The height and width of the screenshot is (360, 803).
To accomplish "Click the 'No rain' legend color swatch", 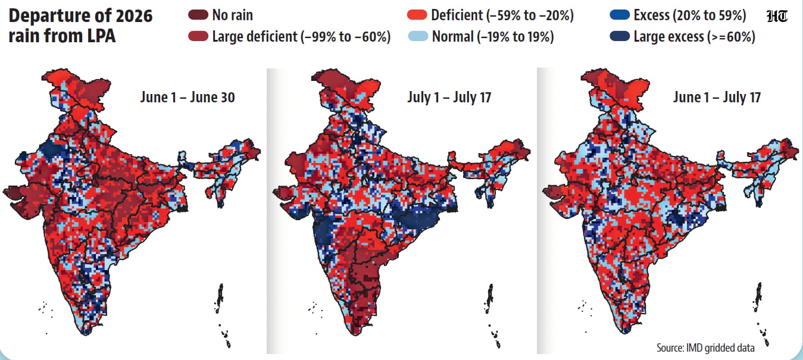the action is (198, 15).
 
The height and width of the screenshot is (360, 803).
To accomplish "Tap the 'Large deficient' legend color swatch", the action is (198, 36).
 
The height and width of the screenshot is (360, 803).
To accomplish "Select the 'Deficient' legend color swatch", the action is (417, 15).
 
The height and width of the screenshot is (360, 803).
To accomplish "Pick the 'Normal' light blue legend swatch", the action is (418, 36).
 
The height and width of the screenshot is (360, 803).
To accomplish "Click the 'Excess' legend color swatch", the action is (620, 15).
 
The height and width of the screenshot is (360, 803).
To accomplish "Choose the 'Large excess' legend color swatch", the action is (620, 36).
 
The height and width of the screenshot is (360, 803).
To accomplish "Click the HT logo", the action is (777, 17).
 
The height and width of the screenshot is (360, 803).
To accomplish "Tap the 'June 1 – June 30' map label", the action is (188, 97).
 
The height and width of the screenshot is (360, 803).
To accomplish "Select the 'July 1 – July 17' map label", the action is (449, 97).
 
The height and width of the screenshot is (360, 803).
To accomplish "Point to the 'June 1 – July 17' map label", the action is (717, 97).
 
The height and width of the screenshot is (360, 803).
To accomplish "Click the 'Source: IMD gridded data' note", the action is (705, 348).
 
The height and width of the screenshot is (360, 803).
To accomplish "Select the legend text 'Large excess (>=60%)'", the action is (695, 36).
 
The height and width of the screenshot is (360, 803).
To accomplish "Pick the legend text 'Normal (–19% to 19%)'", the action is (493, 36).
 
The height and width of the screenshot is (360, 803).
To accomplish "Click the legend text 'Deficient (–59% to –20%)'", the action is (502, 15).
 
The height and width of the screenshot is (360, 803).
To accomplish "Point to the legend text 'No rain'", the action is (233, 15).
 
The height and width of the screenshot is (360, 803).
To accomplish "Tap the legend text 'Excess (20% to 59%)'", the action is (690, 15).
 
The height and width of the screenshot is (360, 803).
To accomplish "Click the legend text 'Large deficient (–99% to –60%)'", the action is (301, 36).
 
